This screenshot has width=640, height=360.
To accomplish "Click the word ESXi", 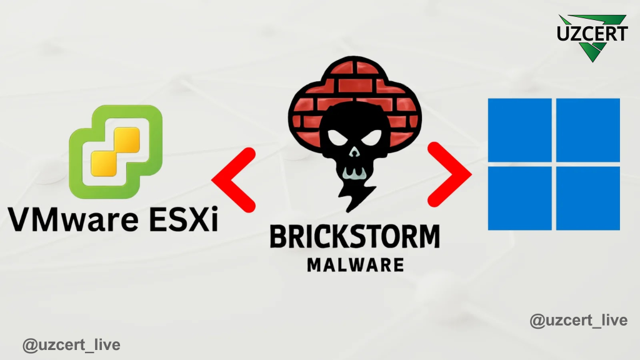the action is tap(184, 219).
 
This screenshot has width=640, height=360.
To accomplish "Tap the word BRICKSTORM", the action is tap(355, 236).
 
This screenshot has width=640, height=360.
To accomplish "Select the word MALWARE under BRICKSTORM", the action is tap(356, 265).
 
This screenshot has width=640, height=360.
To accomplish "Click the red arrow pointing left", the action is tap(234, 180).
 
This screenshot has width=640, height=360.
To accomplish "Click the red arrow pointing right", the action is tap(449, 175).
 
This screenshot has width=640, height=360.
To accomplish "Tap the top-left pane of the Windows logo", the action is tap(519, 130).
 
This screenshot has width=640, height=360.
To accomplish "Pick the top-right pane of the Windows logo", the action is tap(587, 130).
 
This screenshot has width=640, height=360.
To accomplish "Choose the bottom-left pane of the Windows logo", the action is tap(519, 198).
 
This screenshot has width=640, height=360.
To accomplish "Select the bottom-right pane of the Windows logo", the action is tap(587, 198).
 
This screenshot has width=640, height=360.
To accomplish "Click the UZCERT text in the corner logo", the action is tap(592, 34).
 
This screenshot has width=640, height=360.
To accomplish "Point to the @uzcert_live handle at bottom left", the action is tap(71, 345).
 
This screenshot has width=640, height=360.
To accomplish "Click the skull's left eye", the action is tap(337, 138).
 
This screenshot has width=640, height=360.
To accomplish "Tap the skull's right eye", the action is tap(371, 138).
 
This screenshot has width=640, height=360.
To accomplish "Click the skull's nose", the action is tap(354, 152).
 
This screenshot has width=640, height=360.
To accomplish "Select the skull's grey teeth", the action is tap(354, 172).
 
